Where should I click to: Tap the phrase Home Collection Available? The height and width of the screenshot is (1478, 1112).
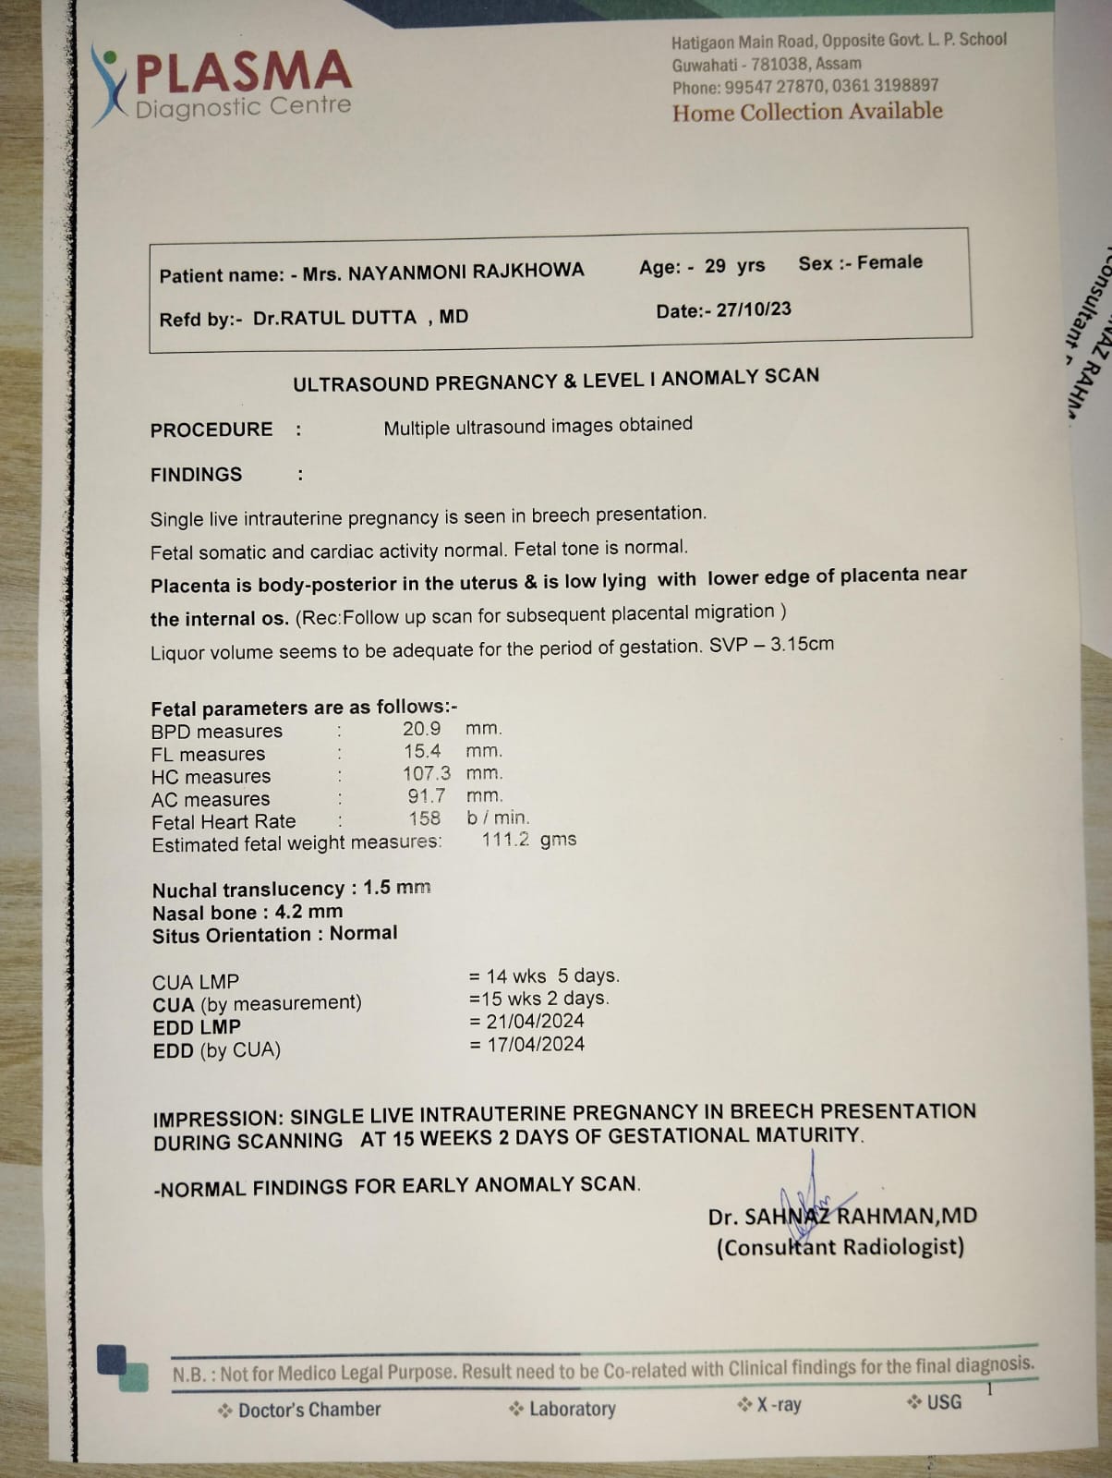pos(807,113)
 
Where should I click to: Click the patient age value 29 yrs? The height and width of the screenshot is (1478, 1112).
pos(734,266)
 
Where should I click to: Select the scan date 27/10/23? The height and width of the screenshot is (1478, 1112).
pos(753,309)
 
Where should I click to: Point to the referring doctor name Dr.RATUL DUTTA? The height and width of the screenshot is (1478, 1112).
pos(334,318)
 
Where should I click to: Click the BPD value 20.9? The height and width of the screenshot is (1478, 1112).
pos(421,729)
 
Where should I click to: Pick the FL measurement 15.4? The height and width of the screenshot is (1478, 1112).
pos(422,751)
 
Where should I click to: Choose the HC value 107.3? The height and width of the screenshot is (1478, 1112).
pos(427,773)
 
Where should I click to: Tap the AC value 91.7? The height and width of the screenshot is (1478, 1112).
pos(427,795)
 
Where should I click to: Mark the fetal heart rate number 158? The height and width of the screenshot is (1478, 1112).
pos(425,818)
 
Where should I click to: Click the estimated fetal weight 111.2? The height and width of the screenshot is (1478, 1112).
pos(505,840)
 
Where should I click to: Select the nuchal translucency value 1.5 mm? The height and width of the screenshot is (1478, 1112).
pos(397,888)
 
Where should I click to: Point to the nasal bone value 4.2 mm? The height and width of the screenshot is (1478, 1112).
pos(308,912)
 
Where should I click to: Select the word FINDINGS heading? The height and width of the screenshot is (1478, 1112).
pos(197,475)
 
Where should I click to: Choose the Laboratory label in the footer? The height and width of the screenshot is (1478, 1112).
pos(572,1409)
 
